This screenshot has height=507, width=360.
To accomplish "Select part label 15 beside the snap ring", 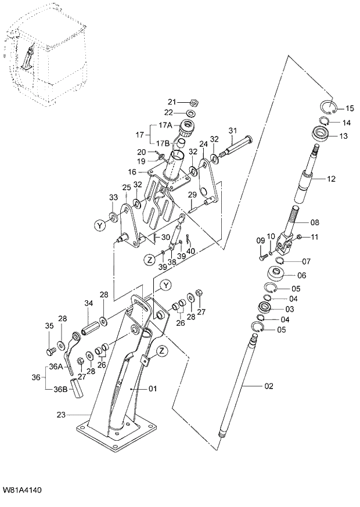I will click(x=350, y=109).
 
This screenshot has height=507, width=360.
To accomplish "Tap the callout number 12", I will click(x=331, y=179).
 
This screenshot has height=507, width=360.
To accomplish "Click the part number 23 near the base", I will click(x=61, y=415).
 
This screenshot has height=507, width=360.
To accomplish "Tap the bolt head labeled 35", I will click(x=51, y=351).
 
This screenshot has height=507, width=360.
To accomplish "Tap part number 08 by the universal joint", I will click(x=315, y=222).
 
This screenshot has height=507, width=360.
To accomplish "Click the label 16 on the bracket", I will click(x=132, y=172).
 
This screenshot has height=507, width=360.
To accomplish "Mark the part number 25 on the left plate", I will click(x=125, y=187).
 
